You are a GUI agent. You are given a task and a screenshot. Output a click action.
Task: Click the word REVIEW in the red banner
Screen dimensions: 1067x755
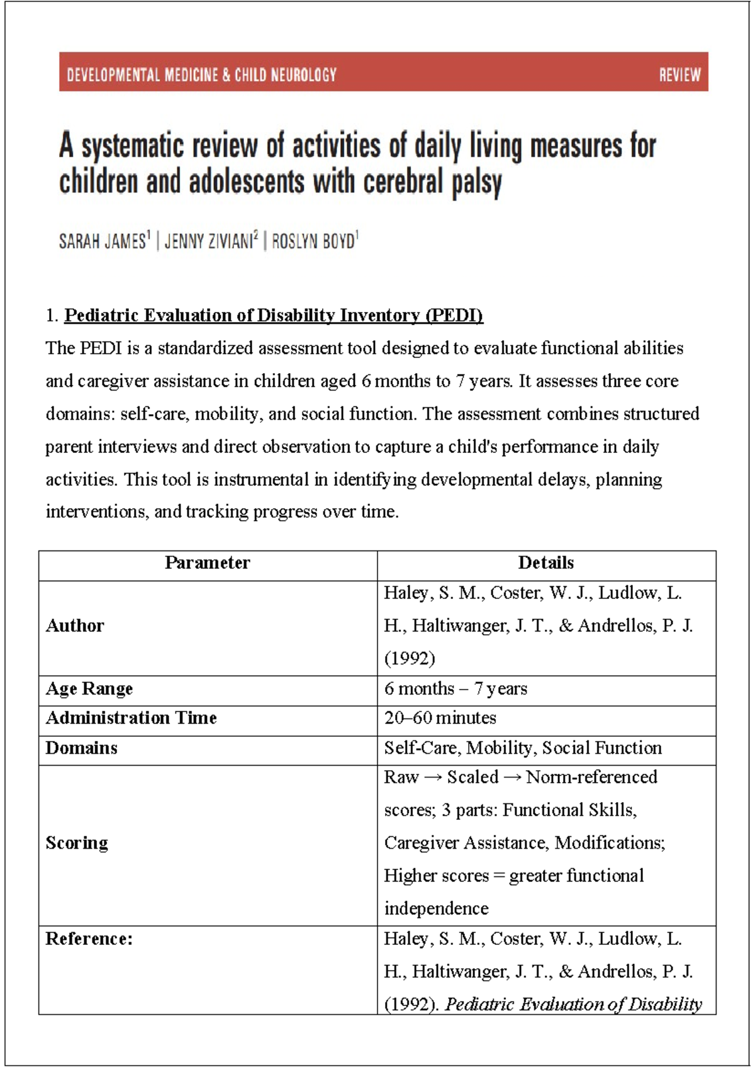tap(679, 75)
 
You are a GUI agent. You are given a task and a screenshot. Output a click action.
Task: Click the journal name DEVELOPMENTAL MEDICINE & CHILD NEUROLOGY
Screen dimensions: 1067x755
tap(201, 75)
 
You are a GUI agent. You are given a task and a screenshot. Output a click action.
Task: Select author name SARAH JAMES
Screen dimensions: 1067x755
tap(103, 241)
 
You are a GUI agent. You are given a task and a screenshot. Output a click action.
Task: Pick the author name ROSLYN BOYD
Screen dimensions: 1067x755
tap(313, 241)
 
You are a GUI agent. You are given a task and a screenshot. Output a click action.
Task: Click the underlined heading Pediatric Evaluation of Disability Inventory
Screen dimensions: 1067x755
tap(274, 315)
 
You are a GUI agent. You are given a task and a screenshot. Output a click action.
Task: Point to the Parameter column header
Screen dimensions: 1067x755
tap(208, 562)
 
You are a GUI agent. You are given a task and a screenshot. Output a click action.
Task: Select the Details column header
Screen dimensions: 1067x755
tap(545, 562)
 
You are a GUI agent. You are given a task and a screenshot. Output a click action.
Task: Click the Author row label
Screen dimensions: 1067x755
tap(75, 625)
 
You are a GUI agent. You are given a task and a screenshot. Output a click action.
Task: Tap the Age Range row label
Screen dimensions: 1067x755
tap(89, 688)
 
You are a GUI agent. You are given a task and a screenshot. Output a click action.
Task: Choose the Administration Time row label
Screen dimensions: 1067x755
tap(131, 718)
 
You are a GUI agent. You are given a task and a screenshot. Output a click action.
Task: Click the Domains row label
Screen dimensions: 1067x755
tap(81, 748)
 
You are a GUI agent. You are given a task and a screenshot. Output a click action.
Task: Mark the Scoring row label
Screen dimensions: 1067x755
tap(77, 842)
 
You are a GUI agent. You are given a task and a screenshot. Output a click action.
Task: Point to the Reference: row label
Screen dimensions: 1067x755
tap(89, 939)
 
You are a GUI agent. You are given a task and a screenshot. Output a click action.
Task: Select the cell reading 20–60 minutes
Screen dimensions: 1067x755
tap(440, 718)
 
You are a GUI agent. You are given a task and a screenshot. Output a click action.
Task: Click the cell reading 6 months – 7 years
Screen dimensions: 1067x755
tap(456, 688)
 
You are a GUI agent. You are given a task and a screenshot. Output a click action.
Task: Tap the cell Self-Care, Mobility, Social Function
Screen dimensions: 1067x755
tap(523, 748)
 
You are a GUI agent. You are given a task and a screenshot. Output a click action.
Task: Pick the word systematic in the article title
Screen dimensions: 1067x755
tap(133, 146)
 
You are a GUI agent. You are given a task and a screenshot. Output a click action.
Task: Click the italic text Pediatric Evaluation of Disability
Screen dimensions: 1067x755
tap(573, 1004)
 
